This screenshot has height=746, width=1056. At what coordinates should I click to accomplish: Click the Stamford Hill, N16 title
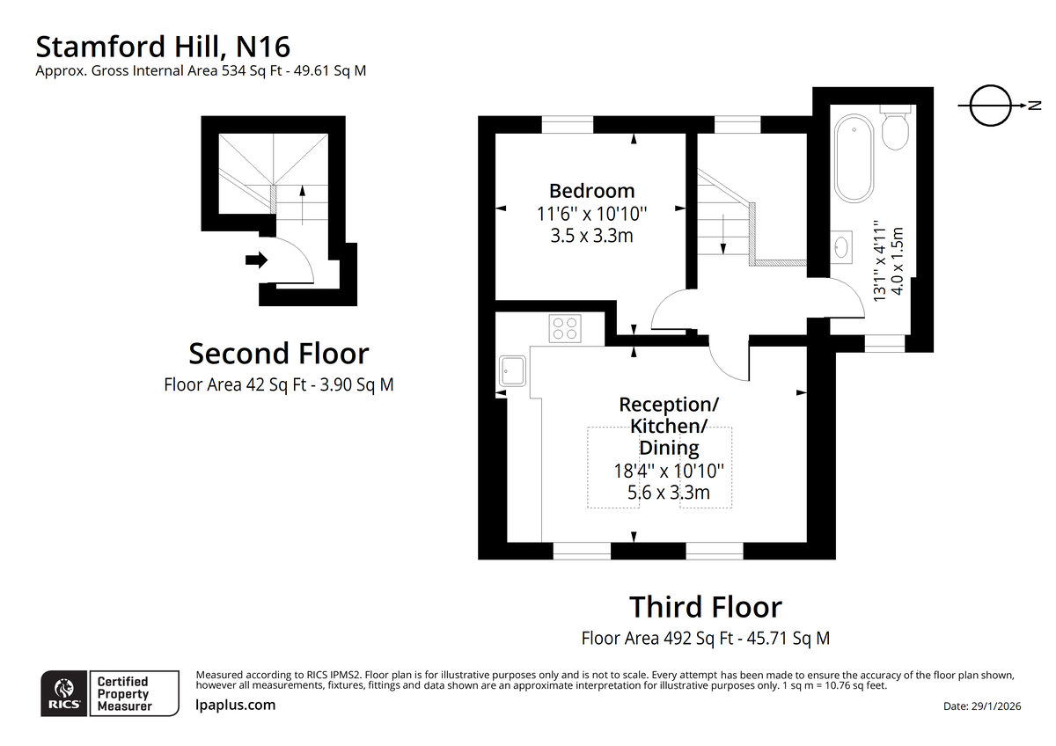click(163, 47)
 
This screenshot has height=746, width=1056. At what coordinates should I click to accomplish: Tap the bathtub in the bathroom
click(854, 158)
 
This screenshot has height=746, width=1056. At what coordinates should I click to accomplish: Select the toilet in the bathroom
click(895, 128)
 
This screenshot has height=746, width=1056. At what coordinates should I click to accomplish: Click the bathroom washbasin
click(841, 247)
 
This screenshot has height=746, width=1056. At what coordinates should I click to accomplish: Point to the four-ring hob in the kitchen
click(565, 328)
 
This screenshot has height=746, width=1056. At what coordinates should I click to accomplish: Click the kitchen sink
click(512, 371)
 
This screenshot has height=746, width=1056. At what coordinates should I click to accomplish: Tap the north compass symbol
click(991, 106)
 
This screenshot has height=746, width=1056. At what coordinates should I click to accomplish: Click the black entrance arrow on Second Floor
click(256, 260)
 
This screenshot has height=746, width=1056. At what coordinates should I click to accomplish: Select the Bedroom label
click(591, 191)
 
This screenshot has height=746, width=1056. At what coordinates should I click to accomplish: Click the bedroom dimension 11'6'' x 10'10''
click(591, 214)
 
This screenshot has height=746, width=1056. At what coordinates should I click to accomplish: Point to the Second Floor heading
click(279, 354)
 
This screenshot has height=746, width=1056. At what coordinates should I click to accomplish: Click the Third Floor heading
click(706, 607)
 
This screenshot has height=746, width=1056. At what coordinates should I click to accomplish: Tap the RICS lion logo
click(64, 693)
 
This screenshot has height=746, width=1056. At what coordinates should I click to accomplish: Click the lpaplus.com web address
click(235, 705)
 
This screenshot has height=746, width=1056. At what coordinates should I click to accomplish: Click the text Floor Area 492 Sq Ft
click(657, 638)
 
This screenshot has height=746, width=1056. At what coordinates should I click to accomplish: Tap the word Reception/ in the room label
click(669, 405)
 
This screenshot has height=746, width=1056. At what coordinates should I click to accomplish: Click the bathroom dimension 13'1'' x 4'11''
click(880, 260)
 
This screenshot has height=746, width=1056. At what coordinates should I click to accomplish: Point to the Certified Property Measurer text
click(124, 694)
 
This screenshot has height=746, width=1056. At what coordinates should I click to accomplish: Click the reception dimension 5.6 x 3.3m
click(669, 493)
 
